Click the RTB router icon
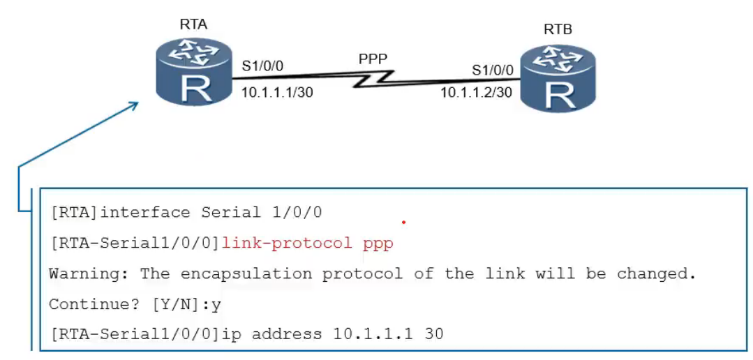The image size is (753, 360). [x=558, y=77]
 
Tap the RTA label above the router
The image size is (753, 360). [x=193, y=25]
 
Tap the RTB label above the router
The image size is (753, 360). [x=558, y=30]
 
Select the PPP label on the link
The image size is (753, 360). [x=373, y=59]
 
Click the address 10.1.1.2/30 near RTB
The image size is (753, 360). [x=477, y=92]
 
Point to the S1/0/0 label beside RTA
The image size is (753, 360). [x=262, y=67]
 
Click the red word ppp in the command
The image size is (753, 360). [x=378, y=243]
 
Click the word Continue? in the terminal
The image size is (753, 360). [x=84, y=304]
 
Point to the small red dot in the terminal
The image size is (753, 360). [x=403, y=223]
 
